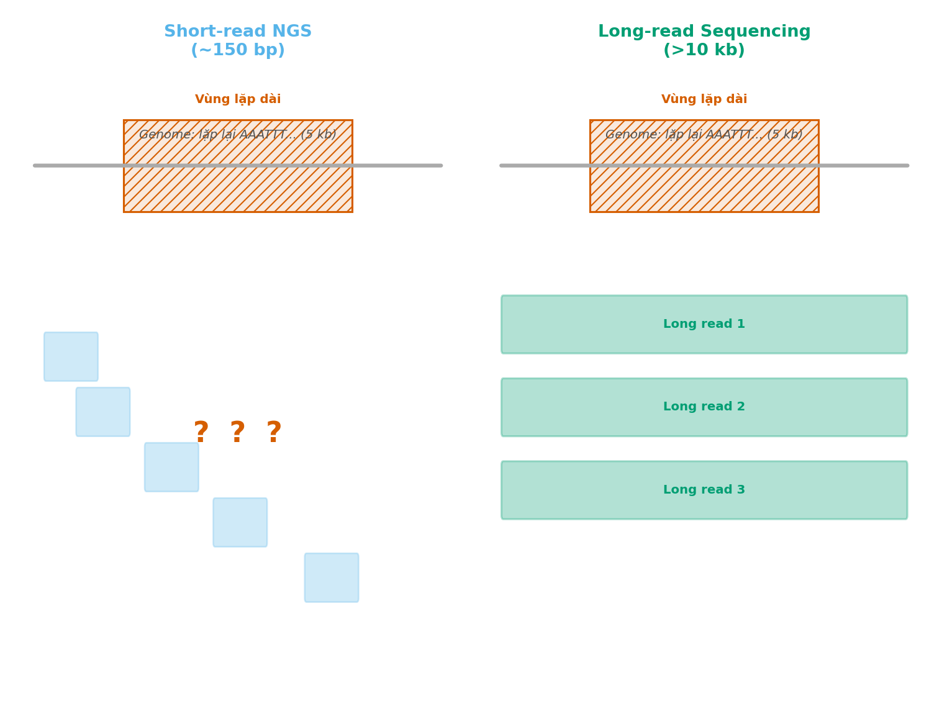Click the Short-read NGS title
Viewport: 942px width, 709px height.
click(238, 32)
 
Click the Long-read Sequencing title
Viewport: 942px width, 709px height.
click(704, 32)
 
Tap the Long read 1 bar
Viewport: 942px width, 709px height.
click(704, 325)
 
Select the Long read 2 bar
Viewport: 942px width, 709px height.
click(704, 407)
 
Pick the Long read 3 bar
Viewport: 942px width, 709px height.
click(704, 490)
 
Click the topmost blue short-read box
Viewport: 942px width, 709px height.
click(71, 356)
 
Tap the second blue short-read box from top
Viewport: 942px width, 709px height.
click(103, 412)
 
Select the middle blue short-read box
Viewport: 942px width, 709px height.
click(171, 467)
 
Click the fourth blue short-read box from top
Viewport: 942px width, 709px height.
click(240, 522)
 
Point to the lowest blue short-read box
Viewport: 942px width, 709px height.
click(332, 577)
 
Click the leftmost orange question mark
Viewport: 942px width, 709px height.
click(201, 433)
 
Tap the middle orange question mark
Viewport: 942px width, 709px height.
click(238, 433)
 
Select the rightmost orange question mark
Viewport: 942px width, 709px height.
click(274, 433)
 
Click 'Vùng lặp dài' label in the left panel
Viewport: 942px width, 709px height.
click(238, 99)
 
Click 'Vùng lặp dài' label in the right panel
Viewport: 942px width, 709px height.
click(704, 99)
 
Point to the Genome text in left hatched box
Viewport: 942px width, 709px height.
click(238, 135)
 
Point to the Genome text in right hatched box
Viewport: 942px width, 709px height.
click(704, 135)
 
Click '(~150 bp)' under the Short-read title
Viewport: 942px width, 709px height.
click(238, 51)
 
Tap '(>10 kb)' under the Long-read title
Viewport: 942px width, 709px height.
click(704, 51)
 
